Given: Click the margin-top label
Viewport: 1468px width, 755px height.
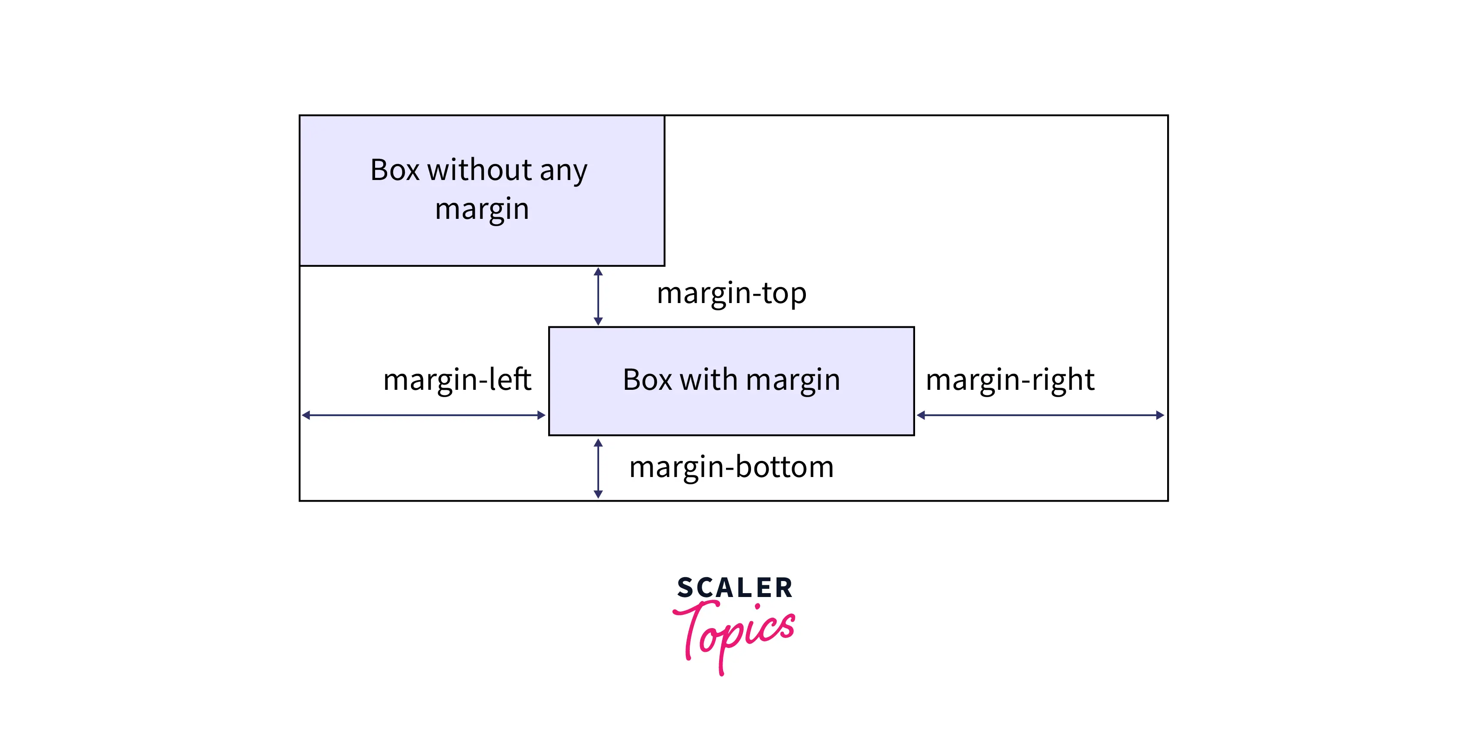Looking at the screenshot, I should pyautogui.click(x=731, y=294).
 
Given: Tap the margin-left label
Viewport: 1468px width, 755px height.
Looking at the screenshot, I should pyautogui.click(x=457, y=379).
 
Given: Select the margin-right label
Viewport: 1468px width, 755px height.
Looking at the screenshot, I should pyautogui.click(x=1010, y=379).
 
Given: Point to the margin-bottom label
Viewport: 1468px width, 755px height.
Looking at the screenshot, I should pyautogui.click(x=731, y=467).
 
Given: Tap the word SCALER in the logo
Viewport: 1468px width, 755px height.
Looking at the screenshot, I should pyautogui.click(x=735, y=588).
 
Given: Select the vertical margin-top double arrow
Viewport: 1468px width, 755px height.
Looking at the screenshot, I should pyautogui.click(x=598, y=296).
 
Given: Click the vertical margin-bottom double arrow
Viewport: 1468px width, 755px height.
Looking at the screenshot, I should pyautogui.click(x=598, y=468).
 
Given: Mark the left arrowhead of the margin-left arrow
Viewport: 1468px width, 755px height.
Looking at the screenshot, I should pyautogui.click(x=306, y=415).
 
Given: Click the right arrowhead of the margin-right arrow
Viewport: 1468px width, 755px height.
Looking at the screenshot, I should pyautogui.click(x=1160, y=415).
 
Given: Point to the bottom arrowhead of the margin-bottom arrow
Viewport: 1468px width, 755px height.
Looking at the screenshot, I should pyautogui.click(x=598, y=494).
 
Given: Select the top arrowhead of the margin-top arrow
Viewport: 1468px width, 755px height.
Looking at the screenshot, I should pyautogui.click(x=598, y=272).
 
